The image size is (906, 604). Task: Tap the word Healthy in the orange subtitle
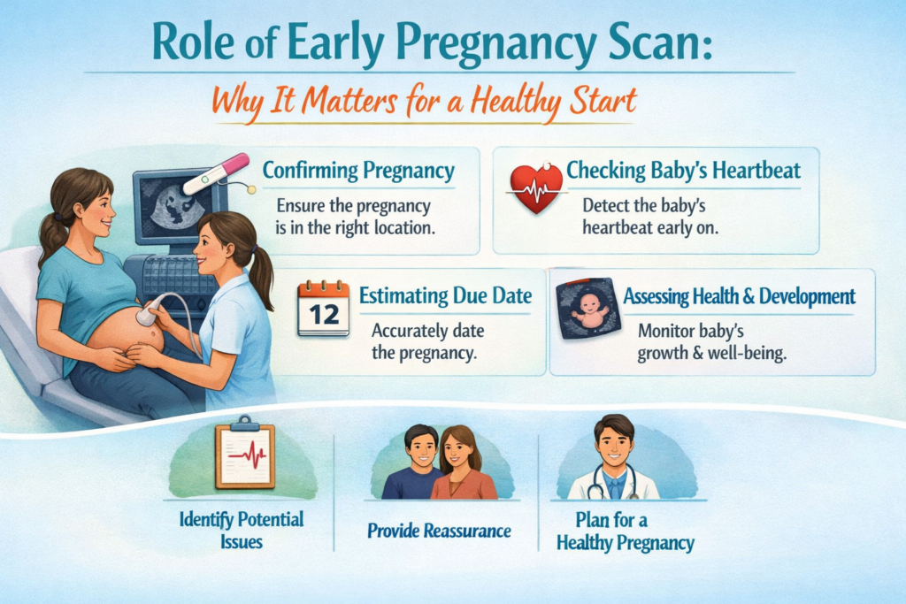tap(516, 102)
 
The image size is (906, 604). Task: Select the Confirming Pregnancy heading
tap(358, 171)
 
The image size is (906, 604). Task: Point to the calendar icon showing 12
tap(324, 308)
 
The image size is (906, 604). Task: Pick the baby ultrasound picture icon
tap(588, 309)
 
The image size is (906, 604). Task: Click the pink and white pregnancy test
tap(217, 173)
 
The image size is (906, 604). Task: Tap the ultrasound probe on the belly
tap(148, 316)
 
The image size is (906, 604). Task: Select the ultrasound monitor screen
tap(173, 206)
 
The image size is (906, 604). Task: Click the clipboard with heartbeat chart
tap(245, 452)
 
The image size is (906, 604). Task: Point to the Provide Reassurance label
tap(439, 531)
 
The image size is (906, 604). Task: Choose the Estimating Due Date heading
tap(446, 295)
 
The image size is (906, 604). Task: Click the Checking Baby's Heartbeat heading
tap(684, 171)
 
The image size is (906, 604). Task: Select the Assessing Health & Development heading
tap(739, 296)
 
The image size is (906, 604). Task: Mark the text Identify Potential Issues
tap(242, 530)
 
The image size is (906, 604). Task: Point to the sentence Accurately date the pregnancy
tap(427, 342)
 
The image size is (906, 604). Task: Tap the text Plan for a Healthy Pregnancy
tap(626, 531)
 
